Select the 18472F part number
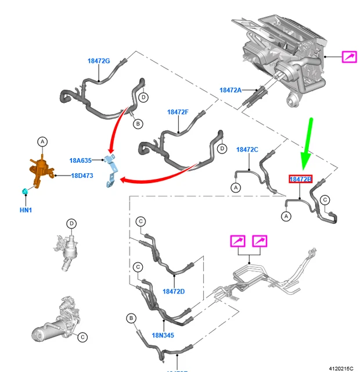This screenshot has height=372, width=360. (x=178, y=112)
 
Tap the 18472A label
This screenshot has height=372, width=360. (x=231, y=90)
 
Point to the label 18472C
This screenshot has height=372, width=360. (x=247, y=149)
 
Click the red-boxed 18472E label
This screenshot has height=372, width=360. (x=301, y=180)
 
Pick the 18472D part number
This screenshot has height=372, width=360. (x=173, y=291)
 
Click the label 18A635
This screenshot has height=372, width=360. (x=81, y=160)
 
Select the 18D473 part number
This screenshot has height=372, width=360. (x=82, y=175)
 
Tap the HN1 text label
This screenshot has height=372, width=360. (x=27, y=209)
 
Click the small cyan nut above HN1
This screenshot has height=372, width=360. (x=25, y=191)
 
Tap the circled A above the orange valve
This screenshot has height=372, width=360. (x=42, y=141)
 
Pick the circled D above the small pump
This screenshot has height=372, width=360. (x=71, y=223)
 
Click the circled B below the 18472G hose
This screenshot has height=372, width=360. (x=138, y=124)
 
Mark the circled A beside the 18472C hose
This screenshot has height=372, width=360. (x=236, y=188)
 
